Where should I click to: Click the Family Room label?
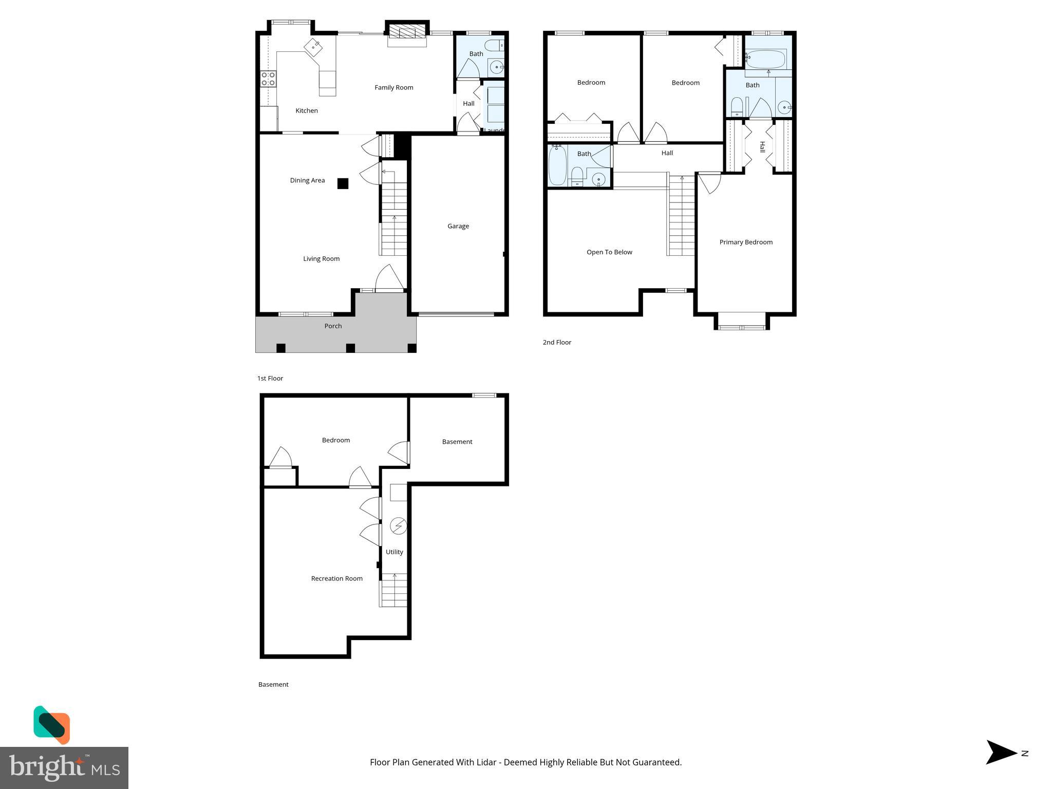(x=393, y=88)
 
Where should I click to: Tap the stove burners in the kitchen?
(x=268, y=79)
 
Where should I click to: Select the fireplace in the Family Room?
(x=407, y=32)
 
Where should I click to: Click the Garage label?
(x=458, y=226)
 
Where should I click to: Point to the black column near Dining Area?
(x=343, y=183)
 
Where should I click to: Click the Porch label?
(x=333, y=326)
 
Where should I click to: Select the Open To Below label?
(x=609, y=252)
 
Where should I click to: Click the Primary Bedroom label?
(x=745, y=242)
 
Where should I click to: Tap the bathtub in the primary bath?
(x=765, y=59)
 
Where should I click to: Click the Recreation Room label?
(x=336, y=578)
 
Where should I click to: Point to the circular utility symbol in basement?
(x=399, y=526)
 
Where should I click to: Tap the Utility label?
(x=394, y=552)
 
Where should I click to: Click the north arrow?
(x=1002, y=753)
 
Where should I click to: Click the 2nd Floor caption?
(x=557, y=343)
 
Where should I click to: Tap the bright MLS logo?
(x=64, y=767)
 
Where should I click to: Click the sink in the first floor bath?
(x=496, y=67)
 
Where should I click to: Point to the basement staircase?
(x=393, y=591)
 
